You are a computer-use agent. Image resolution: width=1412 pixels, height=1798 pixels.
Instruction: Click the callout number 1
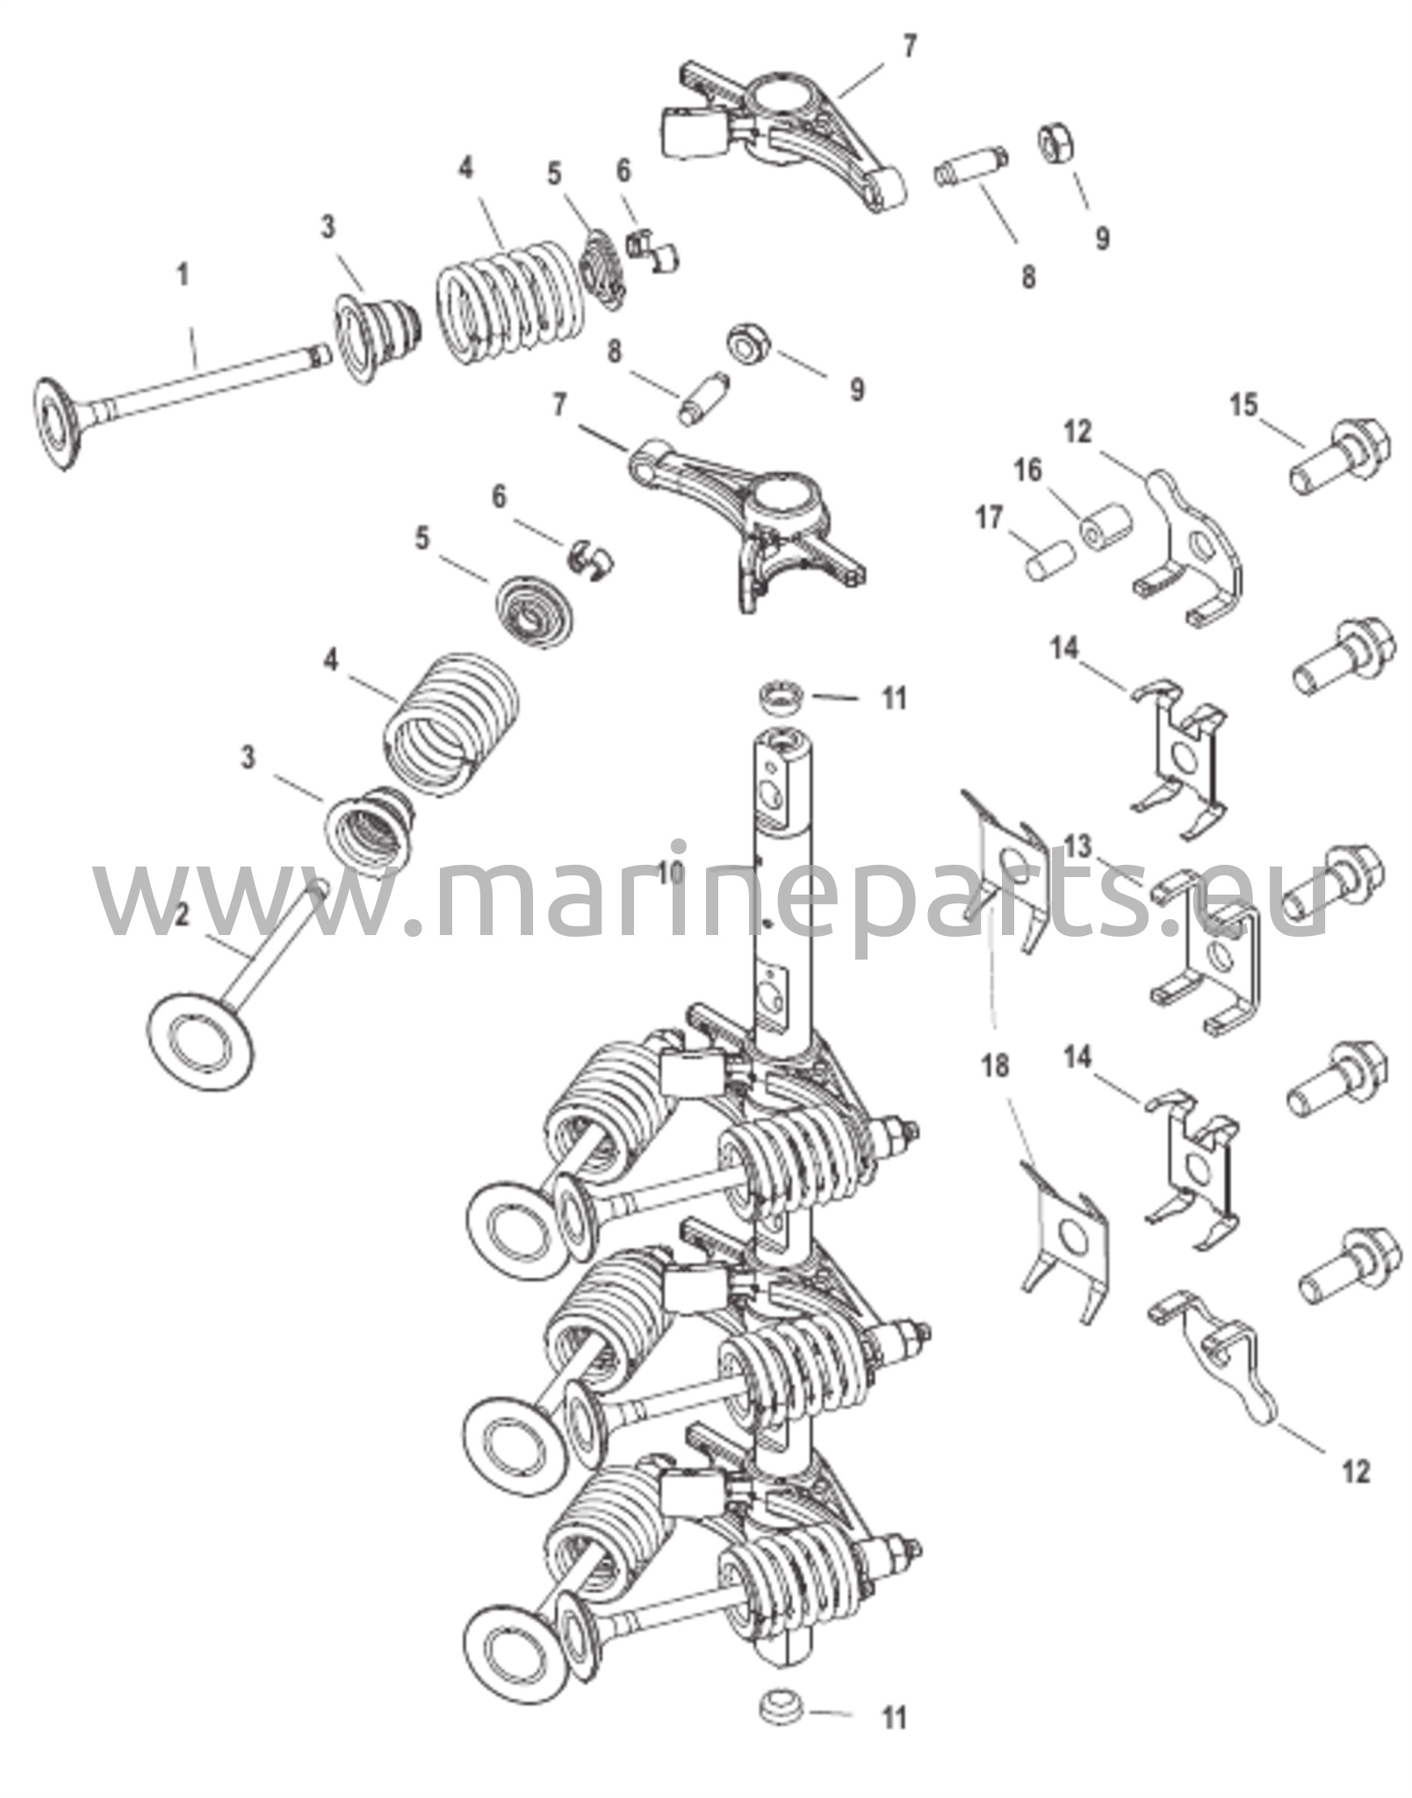(x=183, y=276)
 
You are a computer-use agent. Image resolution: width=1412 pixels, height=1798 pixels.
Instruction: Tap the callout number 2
(x=183, y=916)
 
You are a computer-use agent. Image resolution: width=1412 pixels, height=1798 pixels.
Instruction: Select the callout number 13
(x=1078, y=847)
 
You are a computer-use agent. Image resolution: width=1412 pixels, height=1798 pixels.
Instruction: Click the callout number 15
(x=1243, y=406)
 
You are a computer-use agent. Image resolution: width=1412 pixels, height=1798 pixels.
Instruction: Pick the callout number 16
(x=1027, y=471)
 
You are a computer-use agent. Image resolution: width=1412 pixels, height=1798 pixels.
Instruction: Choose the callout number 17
(x=989, y=519)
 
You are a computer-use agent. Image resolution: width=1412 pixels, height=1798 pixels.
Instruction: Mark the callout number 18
(x=996, y=1067)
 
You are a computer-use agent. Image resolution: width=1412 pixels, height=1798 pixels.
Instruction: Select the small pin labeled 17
(x=1050, y=560)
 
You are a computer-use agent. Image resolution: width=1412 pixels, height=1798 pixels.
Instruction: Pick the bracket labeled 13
(x=1207, y=959)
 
